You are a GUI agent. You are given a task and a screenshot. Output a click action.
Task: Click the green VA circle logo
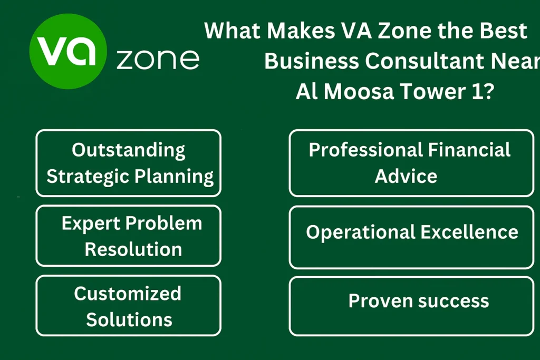(68, 51)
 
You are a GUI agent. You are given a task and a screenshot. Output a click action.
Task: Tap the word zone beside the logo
(158, 59)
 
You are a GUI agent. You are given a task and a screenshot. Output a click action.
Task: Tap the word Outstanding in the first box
(129, 150)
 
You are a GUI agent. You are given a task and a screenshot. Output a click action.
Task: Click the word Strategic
(88, 177)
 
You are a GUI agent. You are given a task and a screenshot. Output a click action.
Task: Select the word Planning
(174, 177)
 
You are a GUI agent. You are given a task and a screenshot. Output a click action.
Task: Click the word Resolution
(133, 249)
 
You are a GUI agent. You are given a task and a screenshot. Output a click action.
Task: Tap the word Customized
(128, 294)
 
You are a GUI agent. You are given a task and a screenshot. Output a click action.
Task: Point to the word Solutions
(129, 320)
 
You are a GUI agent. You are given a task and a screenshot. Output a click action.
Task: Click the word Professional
(366, 150)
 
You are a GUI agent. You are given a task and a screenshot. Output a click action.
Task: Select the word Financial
(469, 150)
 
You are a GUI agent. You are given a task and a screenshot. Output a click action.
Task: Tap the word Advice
(406, 176)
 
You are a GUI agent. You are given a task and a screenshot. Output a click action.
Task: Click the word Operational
(361, 232)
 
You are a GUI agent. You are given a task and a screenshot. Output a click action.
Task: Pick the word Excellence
(469, 232)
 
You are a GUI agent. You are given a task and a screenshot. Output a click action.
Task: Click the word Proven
(381, 301)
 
